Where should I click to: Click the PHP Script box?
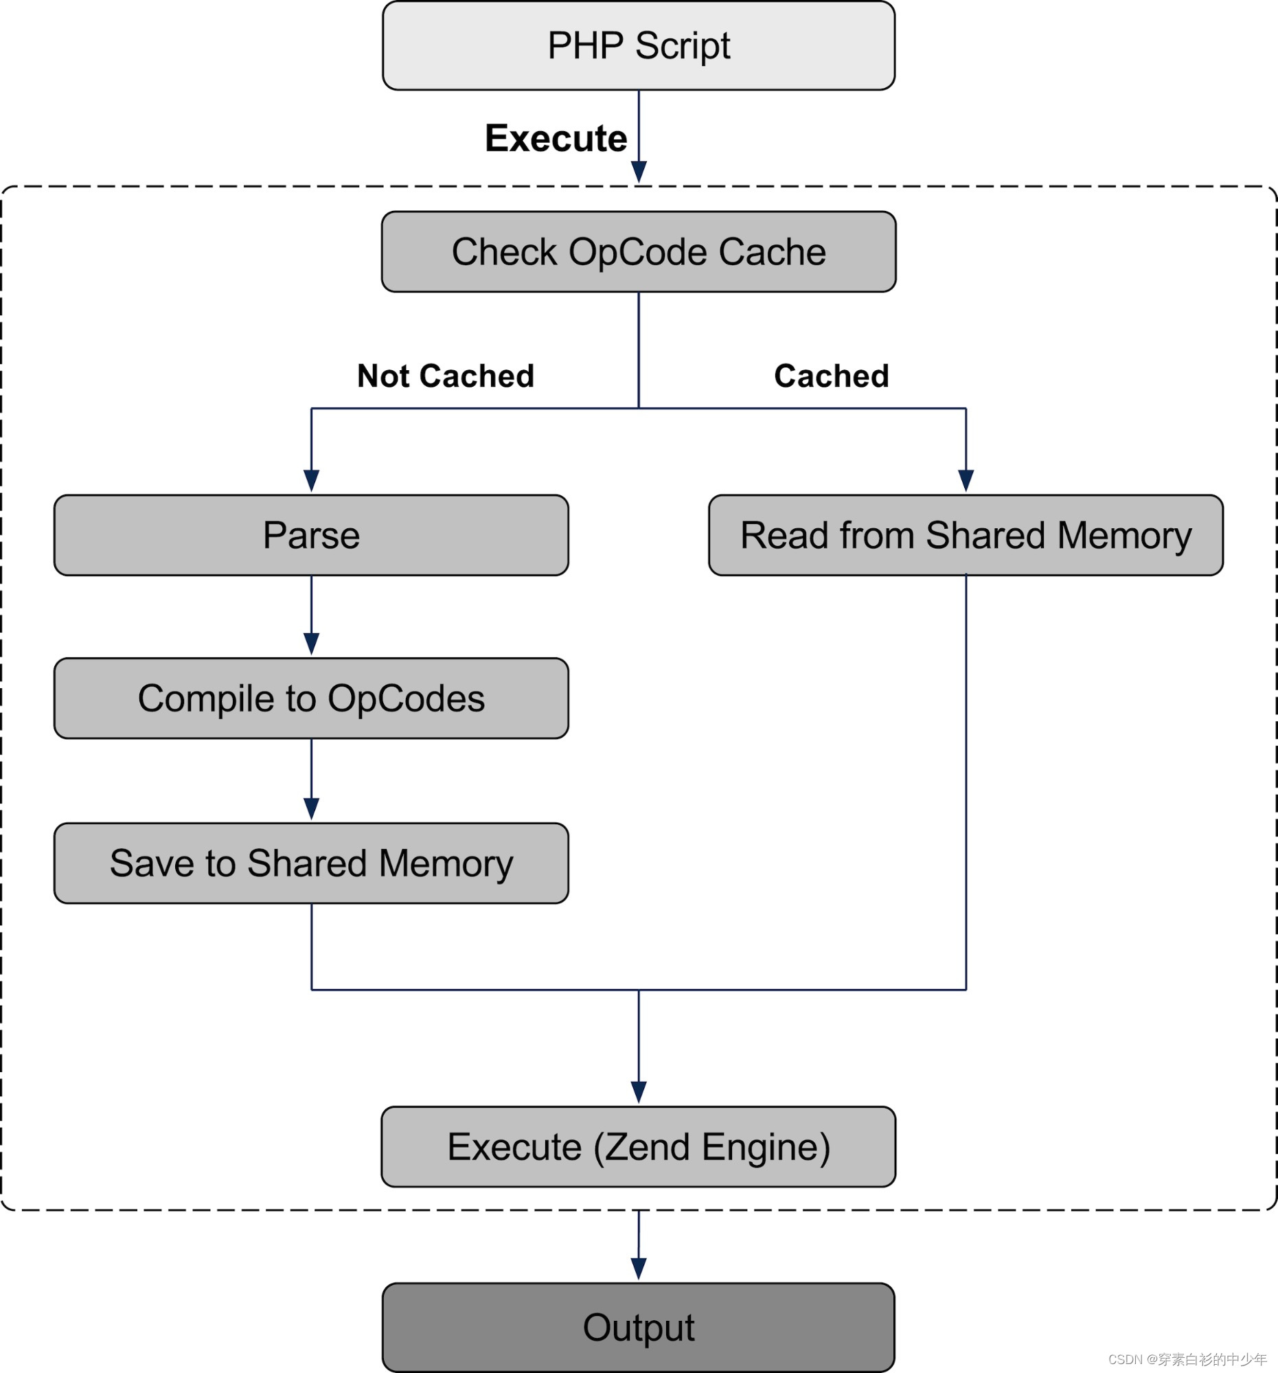pyautogui.click(x=639, y=45)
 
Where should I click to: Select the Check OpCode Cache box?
pyautogui.click(x=639, y=252)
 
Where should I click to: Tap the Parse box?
pyautogui.click(x=311, y=535)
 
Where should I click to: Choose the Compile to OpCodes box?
pyautogui.click(x=311, y=699)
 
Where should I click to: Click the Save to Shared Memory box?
pyautogui.click(x=311, y=863)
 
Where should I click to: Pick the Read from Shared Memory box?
pyautogui.click(x=966, y=535)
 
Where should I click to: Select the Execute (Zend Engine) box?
pyautogui.click(x=639, y=1147)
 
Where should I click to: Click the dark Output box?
pyautogui.click(x=639, y=1327)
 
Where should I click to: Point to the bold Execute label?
pyautogui.click(x=556, y=138)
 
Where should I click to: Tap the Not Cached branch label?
pyautogui.click(x=445, y=376)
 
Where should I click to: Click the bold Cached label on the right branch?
pyautogui.click(x=832, y=376)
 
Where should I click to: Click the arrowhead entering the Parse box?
pyautogui.click(x=311, y=480)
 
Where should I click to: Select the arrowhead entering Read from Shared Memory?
pyautogui.click(x=966, y=480)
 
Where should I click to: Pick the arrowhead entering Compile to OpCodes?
pyautogui.click(x=311, y=643)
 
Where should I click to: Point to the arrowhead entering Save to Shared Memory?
pyautogui.click(x=311, y=808)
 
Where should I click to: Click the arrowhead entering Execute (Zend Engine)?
pyautogui.click(x=639, y=1092)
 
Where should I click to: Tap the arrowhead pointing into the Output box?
pyautogui.click(x=639, y=1268)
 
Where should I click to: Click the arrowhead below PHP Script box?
pyautogui.click(x=639, y=171)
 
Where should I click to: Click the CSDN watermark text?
pyautogui.click(x=1187, y=1359)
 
